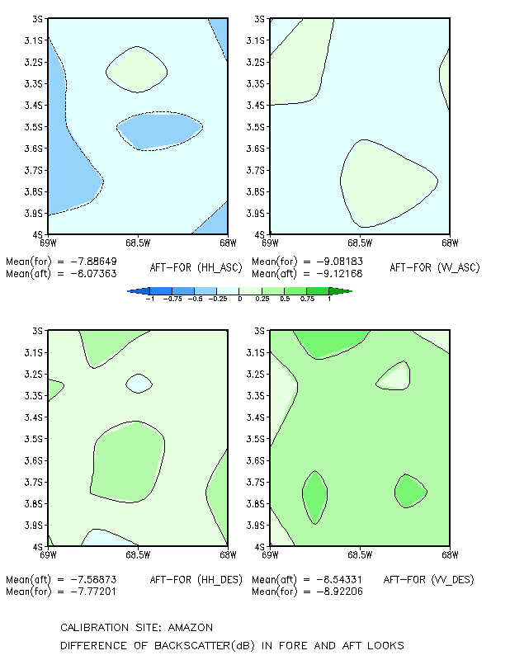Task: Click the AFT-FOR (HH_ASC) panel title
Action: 196,267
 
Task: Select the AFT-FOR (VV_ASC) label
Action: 435,267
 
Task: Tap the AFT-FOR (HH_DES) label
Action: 196,580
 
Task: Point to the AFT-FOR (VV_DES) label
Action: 429,580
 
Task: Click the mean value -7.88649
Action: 93,262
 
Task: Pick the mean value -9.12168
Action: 339,274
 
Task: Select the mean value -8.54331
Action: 339,580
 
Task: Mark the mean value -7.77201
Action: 93,592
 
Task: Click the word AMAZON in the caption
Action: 191,628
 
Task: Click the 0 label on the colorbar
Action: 239,299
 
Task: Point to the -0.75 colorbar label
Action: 172,299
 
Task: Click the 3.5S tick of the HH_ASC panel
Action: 33,127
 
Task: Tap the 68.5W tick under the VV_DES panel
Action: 360,554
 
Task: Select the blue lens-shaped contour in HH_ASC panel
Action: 160,131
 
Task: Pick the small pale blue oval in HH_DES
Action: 139,384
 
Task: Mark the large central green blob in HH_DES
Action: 128,462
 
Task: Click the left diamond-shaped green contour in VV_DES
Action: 315,497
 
